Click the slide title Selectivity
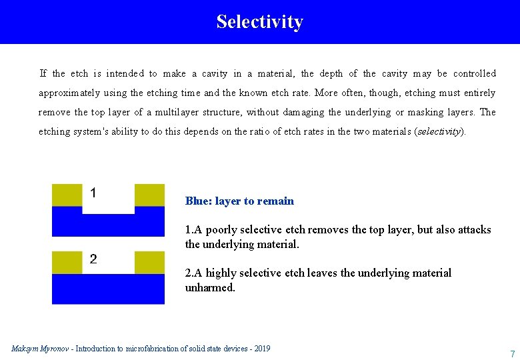(259, 21)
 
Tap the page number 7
(512, 353)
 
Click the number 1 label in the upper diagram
(93, 193)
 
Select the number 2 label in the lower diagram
(93, 259)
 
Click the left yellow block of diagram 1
(67, 195)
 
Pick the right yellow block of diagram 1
(149, 195)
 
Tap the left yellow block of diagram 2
(67, 262)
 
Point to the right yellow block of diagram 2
(149, 262)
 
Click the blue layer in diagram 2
(108, 289)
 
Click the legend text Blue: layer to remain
(239, 201)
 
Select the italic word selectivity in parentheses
(440, 131)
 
